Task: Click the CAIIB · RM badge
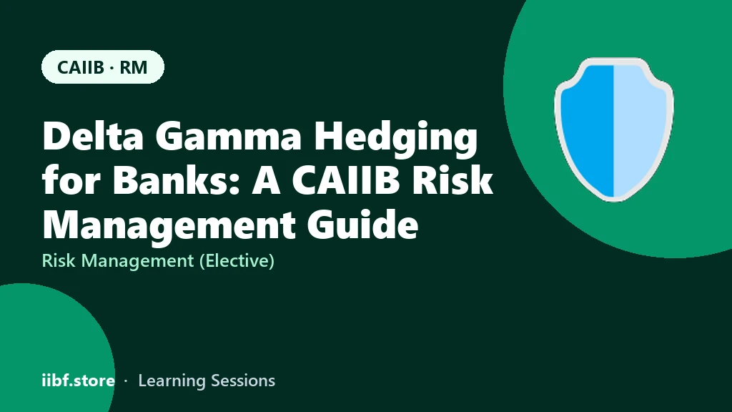click(x=103, y=67)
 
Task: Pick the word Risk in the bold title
click(x=452, y=180)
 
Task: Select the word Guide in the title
click(x=362, y=224)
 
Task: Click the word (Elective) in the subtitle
click(x=237, y=260)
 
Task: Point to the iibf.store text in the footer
click(x=79, y=381)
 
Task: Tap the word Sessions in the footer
click(x=243, y=381)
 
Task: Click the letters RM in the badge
click(x=134, y=67)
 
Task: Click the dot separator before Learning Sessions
click(x=126, y=381)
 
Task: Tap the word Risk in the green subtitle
click(x=59, y=260)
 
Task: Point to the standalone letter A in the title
click(x=267, y=181)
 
